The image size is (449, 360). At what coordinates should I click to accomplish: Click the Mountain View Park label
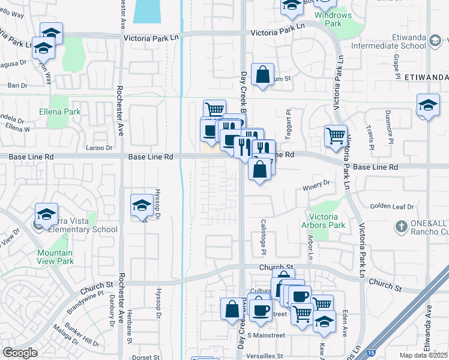pyautogui.click(x=55, y=257)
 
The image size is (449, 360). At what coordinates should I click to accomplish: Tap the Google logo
pyautogui.click(x=20, y=353)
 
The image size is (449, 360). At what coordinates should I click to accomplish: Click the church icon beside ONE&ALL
pyautogui.click(x=402, y=227)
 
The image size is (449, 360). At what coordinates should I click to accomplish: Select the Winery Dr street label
pyautogui.click(x=318, y=184)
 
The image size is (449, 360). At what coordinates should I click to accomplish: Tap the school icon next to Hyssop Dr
pyautogui.click(x=141, y=206)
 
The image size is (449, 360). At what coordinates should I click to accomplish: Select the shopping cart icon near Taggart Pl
pyautogui.click(x=335, y=135)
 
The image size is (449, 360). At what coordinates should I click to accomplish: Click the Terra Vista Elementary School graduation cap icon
pyautogui.click(x=46, y=214)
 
